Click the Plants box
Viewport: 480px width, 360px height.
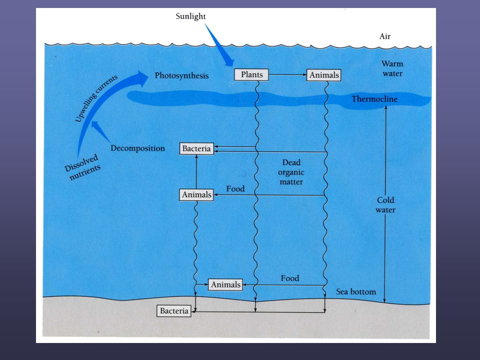(251, 75)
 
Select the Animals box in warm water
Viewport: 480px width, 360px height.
(324, 75)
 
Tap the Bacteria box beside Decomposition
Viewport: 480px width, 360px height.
(197, 148)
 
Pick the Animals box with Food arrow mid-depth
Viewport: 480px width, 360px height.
(196, 194)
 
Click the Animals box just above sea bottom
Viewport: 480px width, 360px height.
(225, 284)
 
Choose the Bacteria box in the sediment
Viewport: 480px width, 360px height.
(174, 311)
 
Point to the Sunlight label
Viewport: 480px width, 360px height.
(190, 16)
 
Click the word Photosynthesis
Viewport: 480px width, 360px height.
(181, 76)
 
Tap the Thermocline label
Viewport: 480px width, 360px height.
(374, 99)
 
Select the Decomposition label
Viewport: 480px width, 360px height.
(137, 148)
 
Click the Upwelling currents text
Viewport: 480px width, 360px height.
(96, 99)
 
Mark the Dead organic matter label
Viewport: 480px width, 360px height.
(291, 172)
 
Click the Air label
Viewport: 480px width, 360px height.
(385, 36)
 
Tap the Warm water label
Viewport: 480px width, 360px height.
(392, 68)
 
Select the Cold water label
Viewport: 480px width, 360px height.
(385, 205)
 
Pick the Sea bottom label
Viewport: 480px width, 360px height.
(355, 292)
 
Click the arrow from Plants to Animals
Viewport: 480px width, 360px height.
(287, 75)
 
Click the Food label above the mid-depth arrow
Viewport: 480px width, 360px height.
(235, 188)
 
